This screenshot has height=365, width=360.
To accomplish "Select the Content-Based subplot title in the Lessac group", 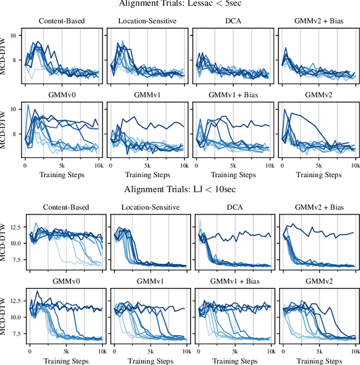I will tap(62, 22).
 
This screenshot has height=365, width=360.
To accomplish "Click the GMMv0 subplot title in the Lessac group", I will tap(62, 95).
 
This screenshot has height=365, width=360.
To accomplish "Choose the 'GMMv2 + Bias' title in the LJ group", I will tap(318, 208).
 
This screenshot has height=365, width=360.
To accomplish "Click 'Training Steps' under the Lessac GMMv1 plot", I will tap(148, 175).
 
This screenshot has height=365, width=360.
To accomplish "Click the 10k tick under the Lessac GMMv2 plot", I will tap(354, 166).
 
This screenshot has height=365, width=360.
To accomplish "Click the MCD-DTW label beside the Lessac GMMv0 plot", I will tap(4, 129).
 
